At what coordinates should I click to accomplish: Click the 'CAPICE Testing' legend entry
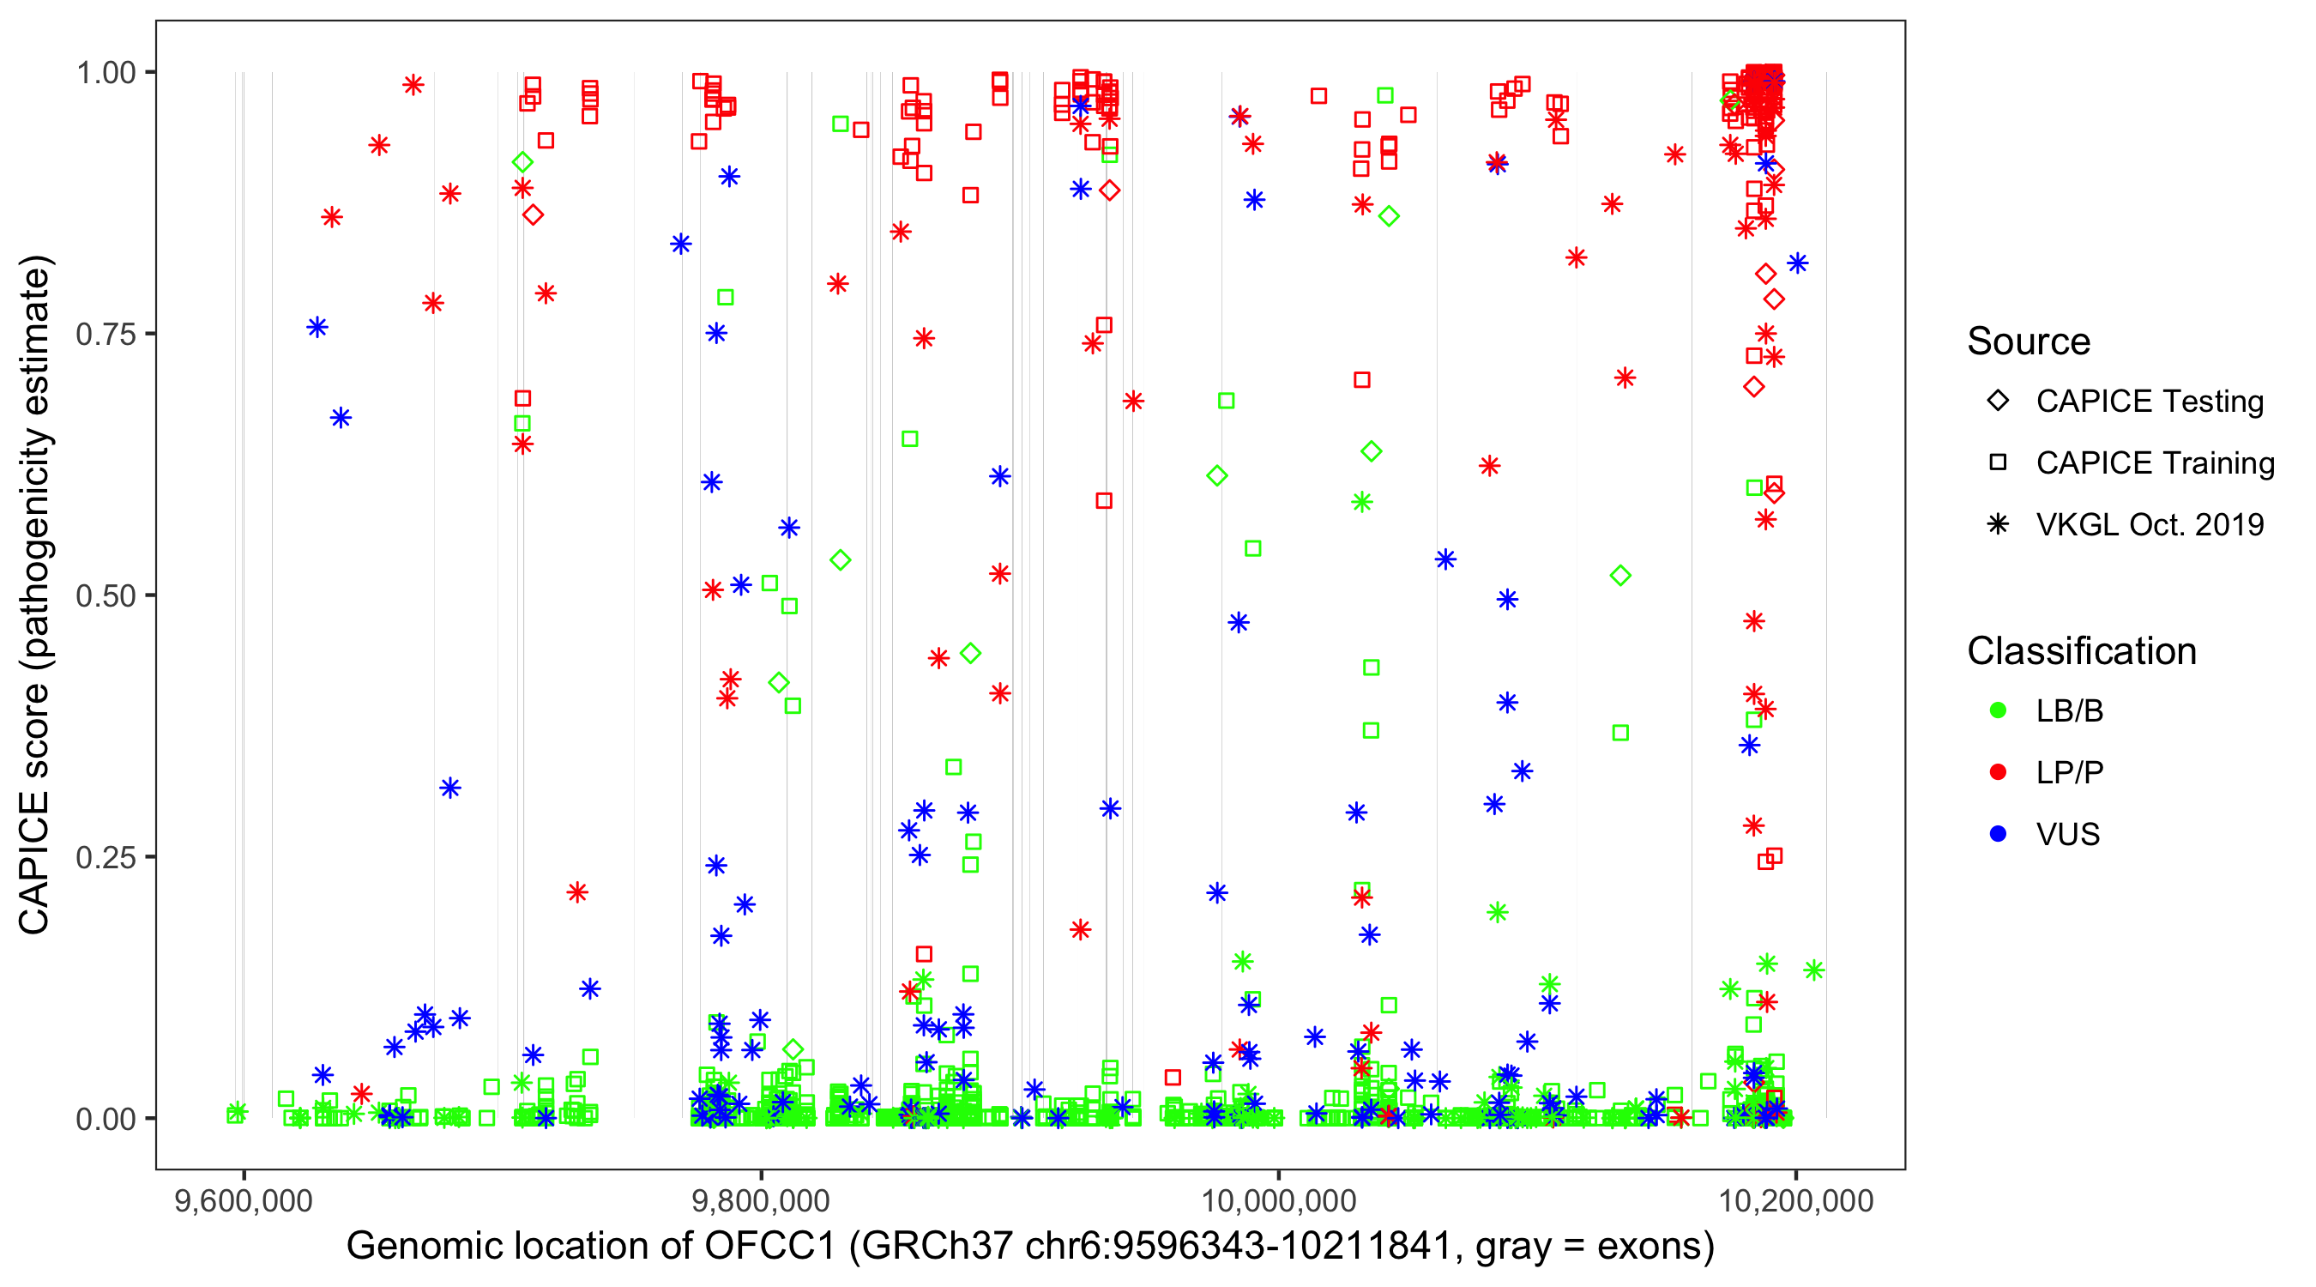2149,402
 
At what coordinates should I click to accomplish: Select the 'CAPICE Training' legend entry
2154,463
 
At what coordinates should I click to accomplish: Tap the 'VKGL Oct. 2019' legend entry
2149,524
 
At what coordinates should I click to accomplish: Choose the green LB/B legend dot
1998,710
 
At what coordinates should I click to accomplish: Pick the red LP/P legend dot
1998,772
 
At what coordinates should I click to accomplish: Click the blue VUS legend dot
1998,834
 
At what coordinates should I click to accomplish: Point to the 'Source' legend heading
2029,341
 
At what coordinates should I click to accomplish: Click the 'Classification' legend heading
2081,651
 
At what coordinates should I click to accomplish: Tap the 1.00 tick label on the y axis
106,73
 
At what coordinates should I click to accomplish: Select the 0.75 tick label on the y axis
106,335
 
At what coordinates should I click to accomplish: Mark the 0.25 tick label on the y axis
106,857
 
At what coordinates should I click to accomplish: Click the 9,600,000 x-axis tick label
244,1200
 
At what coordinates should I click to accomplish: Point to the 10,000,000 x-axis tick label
1278,1200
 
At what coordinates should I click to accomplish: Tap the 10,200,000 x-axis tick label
1796,1200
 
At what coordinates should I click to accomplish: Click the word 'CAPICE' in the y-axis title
34,863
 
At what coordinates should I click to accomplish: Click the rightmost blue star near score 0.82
1797,263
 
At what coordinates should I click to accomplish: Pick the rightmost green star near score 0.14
1813,970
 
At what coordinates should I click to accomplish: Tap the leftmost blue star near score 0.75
317,328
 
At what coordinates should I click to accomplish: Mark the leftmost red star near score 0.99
413,86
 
